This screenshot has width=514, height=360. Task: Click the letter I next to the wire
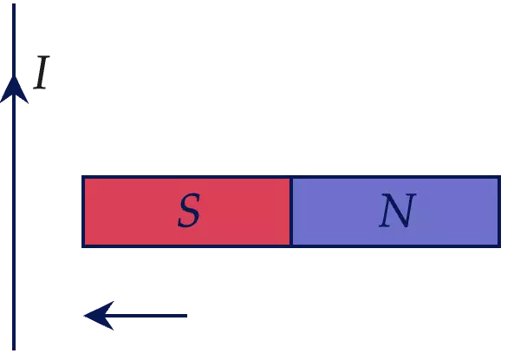pos(42,72)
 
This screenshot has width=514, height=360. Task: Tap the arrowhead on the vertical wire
pos(14,89)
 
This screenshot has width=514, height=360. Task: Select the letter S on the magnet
pos(189,210)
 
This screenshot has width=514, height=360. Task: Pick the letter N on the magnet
pos(397,210)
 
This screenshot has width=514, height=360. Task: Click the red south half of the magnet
pos(186,212)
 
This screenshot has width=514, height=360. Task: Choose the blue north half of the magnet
pos(395,212)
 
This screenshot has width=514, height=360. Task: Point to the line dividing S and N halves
pos(291,212)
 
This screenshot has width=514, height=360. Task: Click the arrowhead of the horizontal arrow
pos(99,316)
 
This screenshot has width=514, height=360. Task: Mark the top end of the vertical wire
pos(14,4)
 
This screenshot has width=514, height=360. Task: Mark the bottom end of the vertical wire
pos(14,350)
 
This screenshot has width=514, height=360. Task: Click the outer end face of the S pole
pos(83,212)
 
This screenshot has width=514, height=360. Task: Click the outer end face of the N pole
pos(499,212)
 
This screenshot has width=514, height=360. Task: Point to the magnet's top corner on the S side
pos(82,176)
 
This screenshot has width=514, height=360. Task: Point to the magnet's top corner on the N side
pos(500,176)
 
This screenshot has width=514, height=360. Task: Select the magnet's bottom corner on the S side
pos(82,247)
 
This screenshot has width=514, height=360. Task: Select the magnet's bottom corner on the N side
pos(500,247)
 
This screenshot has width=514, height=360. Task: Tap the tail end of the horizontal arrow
pos(187,316)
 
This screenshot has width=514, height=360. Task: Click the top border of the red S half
pos(186,177)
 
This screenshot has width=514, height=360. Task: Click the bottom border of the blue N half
pos(395,246)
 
